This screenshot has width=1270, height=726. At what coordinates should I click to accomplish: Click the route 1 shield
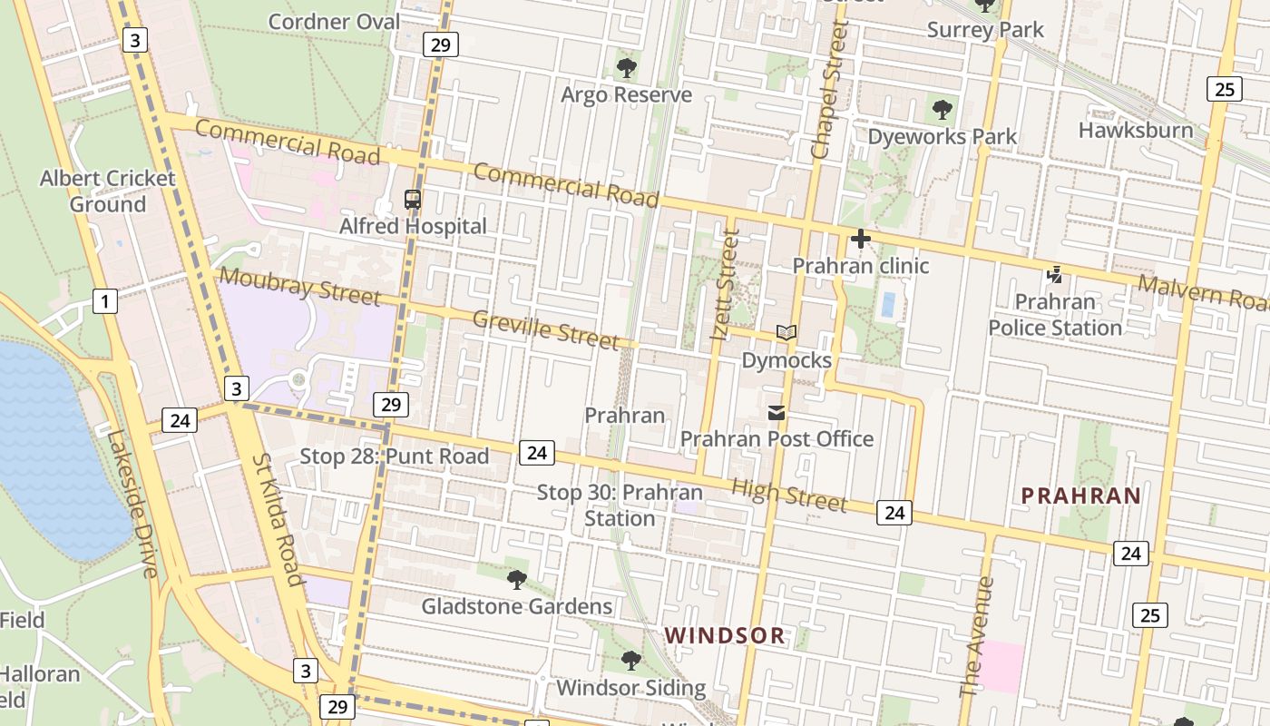105,301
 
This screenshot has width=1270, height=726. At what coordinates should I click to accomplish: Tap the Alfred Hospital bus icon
413,200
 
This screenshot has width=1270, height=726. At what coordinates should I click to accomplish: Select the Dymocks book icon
786,333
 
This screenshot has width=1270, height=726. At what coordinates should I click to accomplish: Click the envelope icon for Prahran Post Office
777,413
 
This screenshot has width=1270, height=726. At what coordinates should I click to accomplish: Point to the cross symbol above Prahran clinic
860,239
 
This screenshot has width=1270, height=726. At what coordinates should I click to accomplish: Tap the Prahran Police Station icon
1054,274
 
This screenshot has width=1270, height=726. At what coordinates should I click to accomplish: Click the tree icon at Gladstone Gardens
517,579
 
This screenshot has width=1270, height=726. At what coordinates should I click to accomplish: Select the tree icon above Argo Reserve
626,68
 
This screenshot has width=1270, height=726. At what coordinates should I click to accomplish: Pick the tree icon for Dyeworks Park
943,110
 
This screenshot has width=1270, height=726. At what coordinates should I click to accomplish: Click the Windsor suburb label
725,635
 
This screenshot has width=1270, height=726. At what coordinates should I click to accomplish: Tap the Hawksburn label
1135,130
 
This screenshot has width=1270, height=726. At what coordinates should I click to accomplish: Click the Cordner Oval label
334,22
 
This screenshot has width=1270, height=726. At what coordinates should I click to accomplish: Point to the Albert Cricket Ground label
107,191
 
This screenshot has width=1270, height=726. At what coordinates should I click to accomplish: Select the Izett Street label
724,285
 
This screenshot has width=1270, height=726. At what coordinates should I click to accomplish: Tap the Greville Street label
545,329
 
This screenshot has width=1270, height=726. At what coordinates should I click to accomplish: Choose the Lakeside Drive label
132,504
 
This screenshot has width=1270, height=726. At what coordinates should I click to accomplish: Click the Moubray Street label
299,286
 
